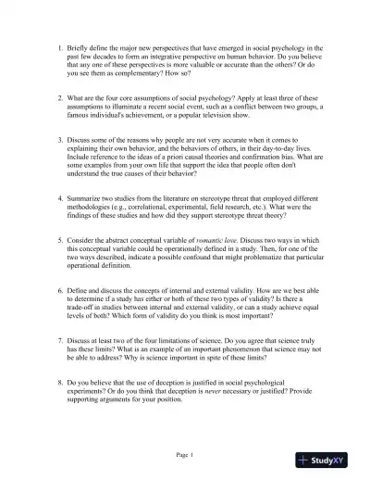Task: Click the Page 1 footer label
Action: pyautogui.click(x=185, y=455)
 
